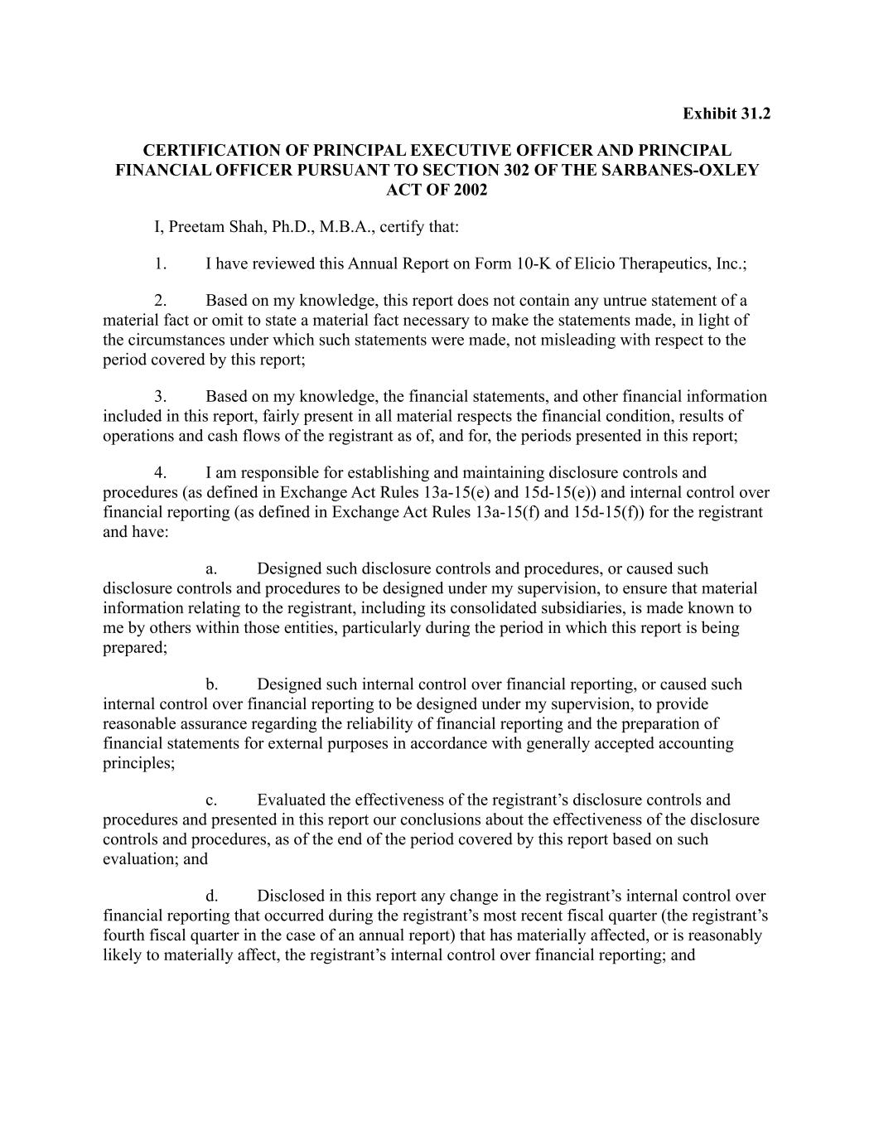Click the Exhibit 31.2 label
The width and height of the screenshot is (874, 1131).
pos(726,114)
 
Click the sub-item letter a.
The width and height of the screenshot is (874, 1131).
pos(211,569)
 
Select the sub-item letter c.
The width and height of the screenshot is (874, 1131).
pos(211,800)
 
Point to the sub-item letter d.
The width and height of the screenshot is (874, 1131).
pos(211,897)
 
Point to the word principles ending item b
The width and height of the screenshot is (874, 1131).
pos(138,763)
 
